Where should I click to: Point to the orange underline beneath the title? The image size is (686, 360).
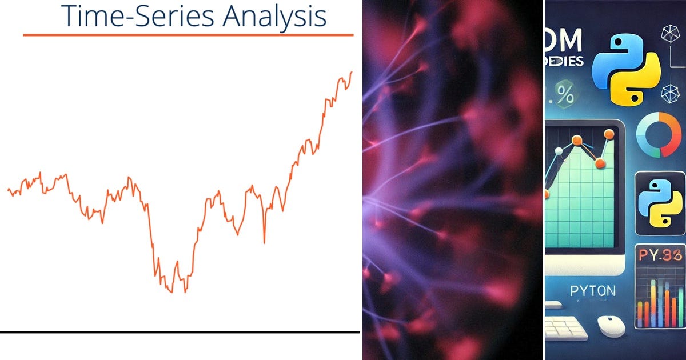tap(188, 35)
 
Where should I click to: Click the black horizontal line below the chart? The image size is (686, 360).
tap(180, 331)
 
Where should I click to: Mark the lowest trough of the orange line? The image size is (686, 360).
tap(185, 292)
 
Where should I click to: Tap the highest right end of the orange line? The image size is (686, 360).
tap(352, 72)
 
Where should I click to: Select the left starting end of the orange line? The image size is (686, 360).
tap(8, 189)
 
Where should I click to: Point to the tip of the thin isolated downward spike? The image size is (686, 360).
tap(264, 243)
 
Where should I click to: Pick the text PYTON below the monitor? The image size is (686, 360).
tap(593, 291)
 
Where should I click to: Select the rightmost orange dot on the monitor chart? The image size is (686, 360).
tap(609, 134)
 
